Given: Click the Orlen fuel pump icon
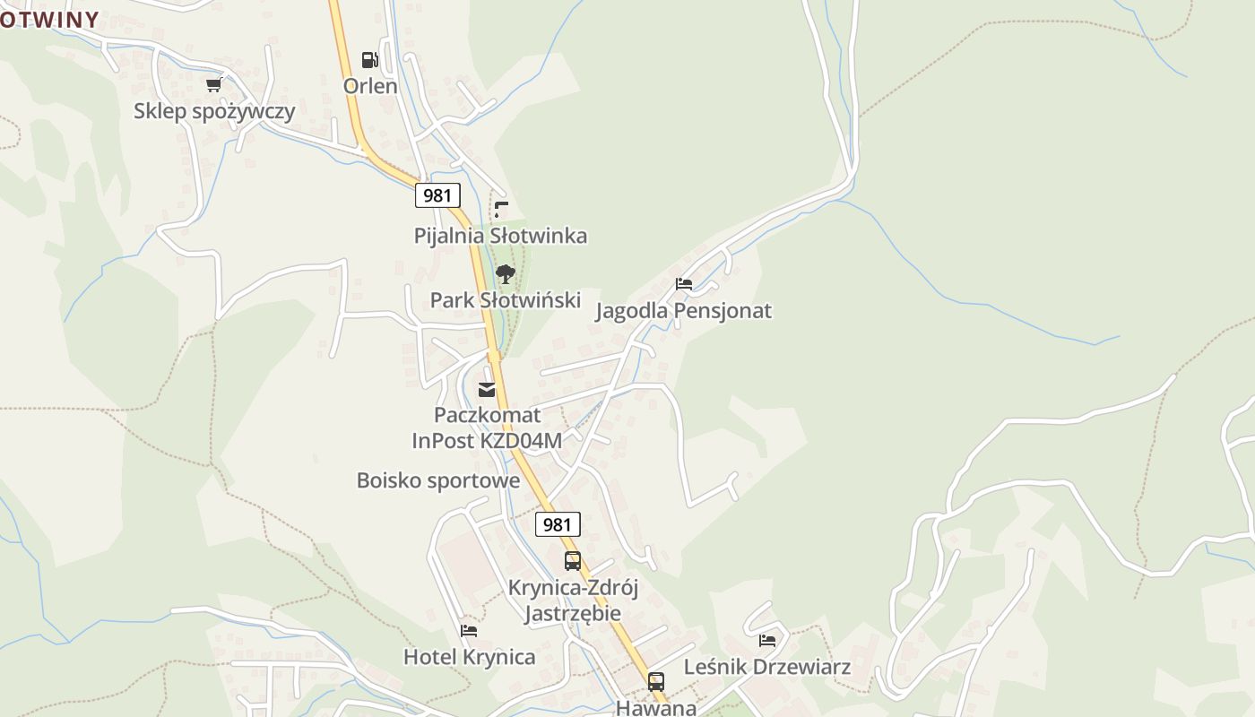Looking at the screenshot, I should point(369,60).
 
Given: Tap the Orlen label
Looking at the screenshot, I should point(370,86).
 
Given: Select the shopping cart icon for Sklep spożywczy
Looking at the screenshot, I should point(213,85).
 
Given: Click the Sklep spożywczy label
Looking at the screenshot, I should point(214,111).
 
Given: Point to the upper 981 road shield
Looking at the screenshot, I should point(437,195).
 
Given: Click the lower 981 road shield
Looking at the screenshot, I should point(558,524).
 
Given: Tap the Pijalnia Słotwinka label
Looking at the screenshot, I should point(500,236).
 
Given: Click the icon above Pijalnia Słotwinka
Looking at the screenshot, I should point(501,210).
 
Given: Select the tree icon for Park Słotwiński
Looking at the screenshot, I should point(506,274).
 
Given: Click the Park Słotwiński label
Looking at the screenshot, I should point(506,300).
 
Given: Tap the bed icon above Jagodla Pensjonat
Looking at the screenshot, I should point(684,284).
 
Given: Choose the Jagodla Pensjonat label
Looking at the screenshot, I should point(684,311).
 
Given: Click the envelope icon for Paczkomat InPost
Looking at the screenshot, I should point(487,389).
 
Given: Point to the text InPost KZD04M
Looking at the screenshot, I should point(487,441).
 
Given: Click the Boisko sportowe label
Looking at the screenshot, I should point(438,480).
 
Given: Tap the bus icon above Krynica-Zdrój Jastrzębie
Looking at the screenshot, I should point(573,561).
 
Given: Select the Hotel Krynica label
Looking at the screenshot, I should point(469,657).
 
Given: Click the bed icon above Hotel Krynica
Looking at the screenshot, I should point(469,631).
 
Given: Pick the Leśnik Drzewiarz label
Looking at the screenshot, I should point(767,667).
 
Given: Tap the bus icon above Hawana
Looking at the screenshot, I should point(656,682).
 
